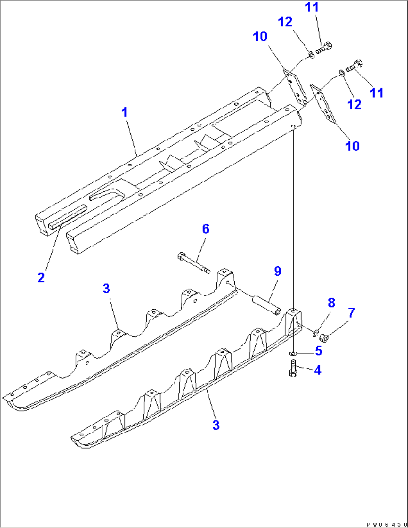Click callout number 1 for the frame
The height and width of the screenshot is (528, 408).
click(125, 112)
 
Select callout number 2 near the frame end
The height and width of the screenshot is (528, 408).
click(41, 277)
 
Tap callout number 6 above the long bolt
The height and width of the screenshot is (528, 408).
click(205, 229)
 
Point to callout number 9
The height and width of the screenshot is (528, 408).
click(277, 271)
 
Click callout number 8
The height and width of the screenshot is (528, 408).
click(331, 303)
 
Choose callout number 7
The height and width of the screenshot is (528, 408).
click(351, 313)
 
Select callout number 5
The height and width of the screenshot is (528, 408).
click(319, 351)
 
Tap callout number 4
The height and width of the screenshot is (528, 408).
click(317, 370)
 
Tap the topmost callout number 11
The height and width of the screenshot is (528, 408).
click(311, 7)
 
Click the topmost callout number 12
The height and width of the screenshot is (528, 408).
click(285, 22)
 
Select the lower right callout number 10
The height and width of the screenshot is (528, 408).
click(352, 146)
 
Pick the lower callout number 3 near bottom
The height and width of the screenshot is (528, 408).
click(216, 425)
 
